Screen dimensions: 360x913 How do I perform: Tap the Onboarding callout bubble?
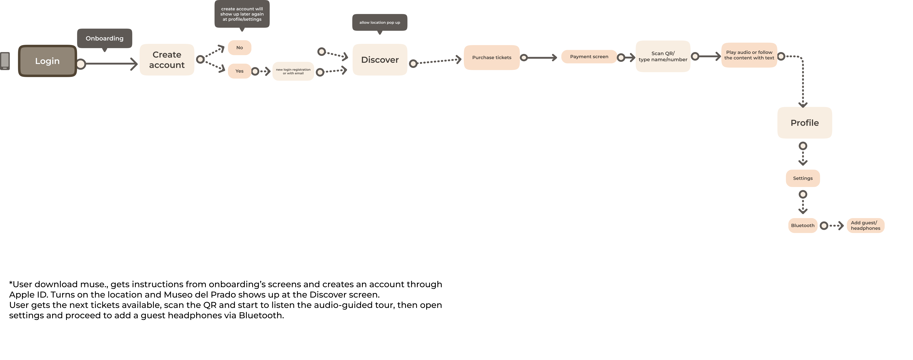tap(105, 38)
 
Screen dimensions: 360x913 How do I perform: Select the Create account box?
tap(167, 60)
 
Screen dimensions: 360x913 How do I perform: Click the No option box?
tap(240, 48)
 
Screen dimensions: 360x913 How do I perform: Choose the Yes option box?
tap(240, 71)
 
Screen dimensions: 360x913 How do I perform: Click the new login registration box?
tap(293, 71)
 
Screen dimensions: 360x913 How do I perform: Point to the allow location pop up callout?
tap(380, 22)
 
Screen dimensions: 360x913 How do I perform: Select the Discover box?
tap(380, 60)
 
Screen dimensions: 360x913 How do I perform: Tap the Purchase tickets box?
tap(492, 57)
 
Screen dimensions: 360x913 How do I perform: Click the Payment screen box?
tap(589, 57)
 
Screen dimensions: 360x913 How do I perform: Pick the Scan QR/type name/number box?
tap(663, 56)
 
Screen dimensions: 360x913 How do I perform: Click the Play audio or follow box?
tap(749, 55)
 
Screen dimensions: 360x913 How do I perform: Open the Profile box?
tap(805, 123)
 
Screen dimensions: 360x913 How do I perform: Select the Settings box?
tap(803, 178)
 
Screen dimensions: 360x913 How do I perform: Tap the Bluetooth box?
tap(803, 225)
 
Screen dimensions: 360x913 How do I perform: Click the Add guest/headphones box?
tap(865, 225)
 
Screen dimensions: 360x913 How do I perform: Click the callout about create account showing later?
tap(242, 14)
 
